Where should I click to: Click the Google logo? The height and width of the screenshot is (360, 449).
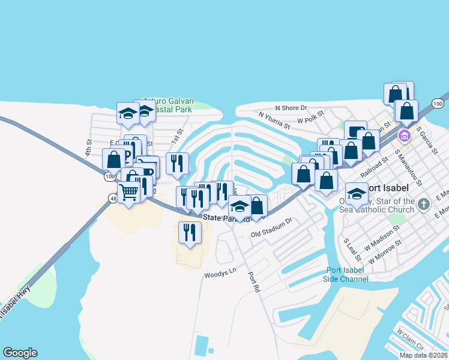click(x=20, y=353)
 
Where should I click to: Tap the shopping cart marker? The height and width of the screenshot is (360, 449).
click(x=128, y=192)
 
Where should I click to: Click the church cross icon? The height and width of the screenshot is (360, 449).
click(x=424, y=204)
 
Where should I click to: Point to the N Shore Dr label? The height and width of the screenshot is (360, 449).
click(x=294, y=108)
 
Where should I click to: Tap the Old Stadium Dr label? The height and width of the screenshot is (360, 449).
click(x=271, y=228)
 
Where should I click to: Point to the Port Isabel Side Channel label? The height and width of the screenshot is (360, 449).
click(x=346, y=275)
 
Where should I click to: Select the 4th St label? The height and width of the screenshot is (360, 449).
click(x=88, y=148)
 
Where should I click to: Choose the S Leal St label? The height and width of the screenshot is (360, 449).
click(x=352, y=250)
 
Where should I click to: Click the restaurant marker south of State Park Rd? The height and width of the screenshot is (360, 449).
click(x=190, y=232)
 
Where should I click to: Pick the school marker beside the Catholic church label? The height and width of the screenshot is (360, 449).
click(x=357, y=194)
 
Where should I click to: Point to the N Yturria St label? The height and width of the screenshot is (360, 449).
click(x=274, y=120)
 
